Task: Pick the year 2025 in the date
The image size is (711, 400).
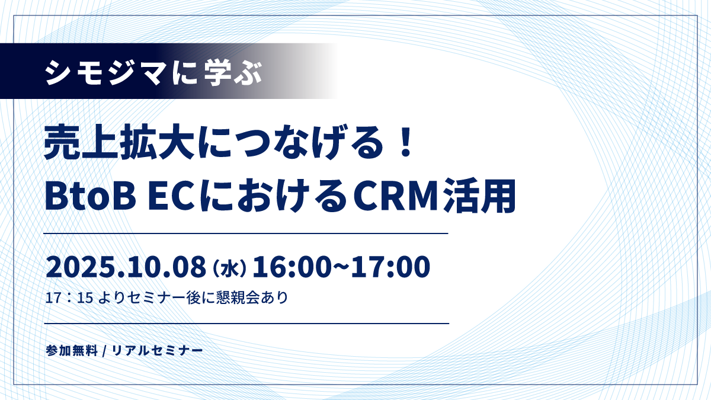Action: coord(81,267)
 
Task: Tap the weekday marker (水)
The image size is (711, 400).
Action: coord(229,268)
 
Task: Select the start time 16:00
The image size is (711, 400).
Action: coord(290,267)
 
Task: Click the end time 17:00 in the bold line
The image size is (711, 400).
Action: coord(390,267)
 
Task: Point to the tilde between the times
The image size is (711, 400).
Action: coord(340,267)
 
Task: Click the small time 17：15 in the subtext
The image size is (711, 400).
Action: coord(69,297)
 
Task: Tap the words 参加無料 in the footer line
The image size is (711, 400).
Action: coord(72,350)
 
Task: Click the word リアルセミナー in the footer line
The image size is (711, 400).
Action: coord(158,350)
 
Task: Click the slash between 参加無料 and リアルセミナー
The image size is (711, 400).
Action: coord(104,351)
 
